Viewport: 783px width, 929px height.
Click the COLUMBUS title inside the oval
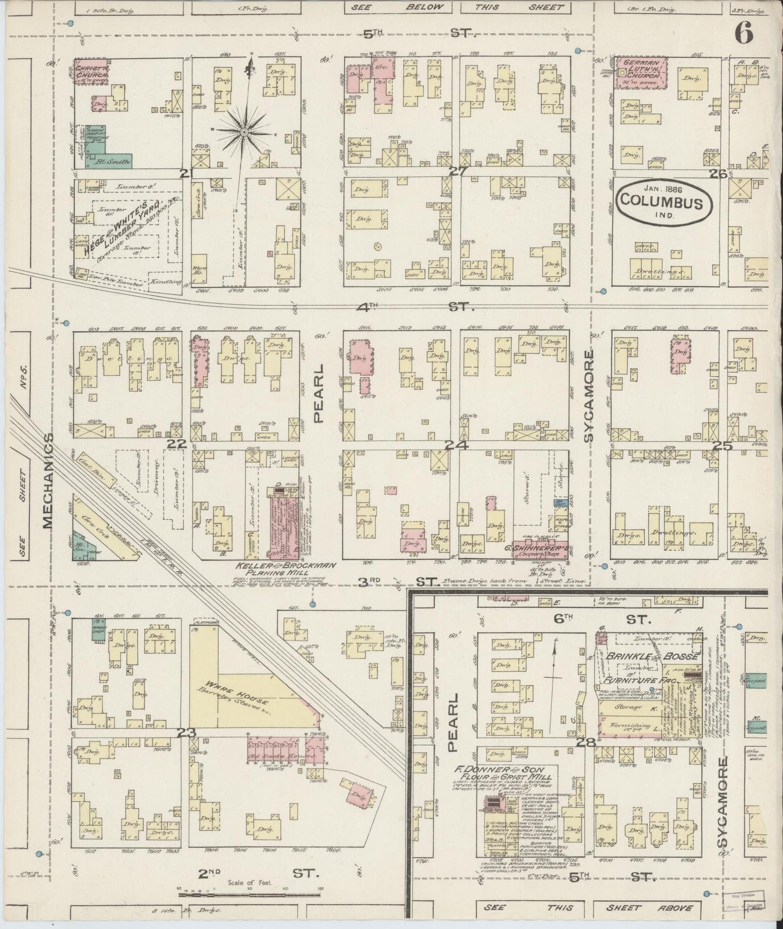(662, 203)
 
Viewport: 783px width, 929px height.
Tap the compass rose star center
(245, 131)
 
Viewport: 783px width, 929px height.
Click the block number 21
(187, 173)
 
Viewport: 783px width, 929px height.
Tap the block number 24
(453, 445)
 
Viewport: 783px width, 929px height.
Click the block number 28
(587, 742)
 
